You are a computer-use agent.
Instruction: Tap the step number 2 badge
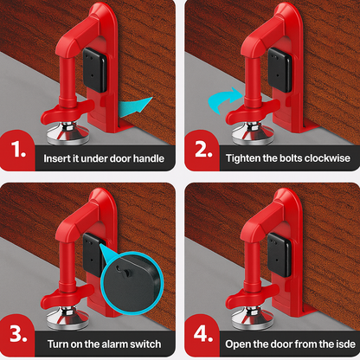pyautogui.click(x=202, y=151)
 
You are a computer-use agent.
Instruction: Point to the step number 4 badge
pyautogui.click(x=202, y=335)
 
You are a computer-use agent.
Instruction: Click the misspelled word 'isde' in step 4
pyautogui.click(x=345, y=344)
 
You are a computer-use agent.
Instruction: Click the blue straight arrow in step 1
pyautogui.click(x=135, y=106)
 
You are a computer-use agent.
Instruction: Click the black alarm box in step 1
pyautogui.click(x=95, y=70)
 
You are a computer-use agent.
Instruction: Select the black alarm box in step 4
pyautogui.click(x=280, y=254)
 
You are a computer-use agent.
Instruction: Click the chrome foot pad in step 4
pyautogui.click(x=253, y=319)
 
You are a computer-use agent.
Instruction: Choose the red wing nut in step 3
pyautogui.click(x=67, y=296)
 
